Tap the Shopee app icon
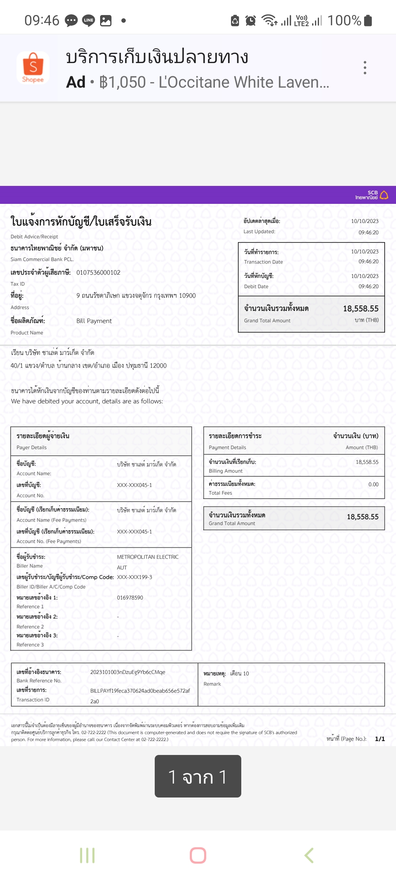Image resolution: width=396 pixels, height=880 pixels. coord(33,68)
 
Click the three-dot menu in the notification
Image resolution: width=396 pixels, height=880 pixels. coord(365,68)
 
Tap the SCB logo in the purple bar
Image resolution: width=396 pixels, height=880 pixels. coord(372,195)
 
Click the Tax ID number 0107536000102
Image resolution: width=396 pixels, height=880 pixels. coord(98,272)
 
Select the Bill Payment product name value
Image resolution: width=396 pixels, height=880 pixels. coord(94,321)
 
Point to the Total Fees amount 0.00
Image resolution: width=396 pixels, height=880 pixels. coord(373,484)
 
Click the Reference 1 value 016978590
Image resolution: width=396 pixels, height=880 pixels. coord(130,598)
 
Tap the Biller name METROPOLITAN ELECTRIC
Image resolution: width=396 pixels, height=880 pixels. coord(147,557)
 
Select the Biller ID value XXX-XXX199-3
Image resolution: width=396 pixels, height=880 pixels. coord(134,577)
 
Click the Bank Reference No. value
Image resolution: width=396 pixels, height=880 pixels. coord(128,672)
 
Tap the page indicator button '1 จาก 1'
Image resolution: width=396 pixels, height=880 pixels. coord(198,776)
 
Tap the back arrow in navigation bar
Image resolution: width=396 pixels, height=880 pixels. coord(309,855)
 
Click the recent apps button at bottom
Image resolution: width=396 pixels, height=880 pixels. coord(87,855)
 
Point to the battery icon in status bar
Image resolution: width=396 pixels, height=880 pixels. coord(368,21)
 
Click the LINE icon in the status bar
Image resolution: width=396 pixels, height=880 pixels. coord(88,21)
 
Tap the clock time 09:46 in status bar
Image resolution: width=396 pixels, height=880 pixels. coord(42,21)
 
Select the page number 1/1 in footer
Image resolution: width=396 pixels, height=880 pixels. coord(380,739)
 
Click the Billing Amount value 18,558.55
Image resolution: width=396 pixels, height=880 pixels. coord(367,462)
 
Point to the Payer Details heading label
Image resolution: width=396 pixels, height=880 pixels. coord(43,436)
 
